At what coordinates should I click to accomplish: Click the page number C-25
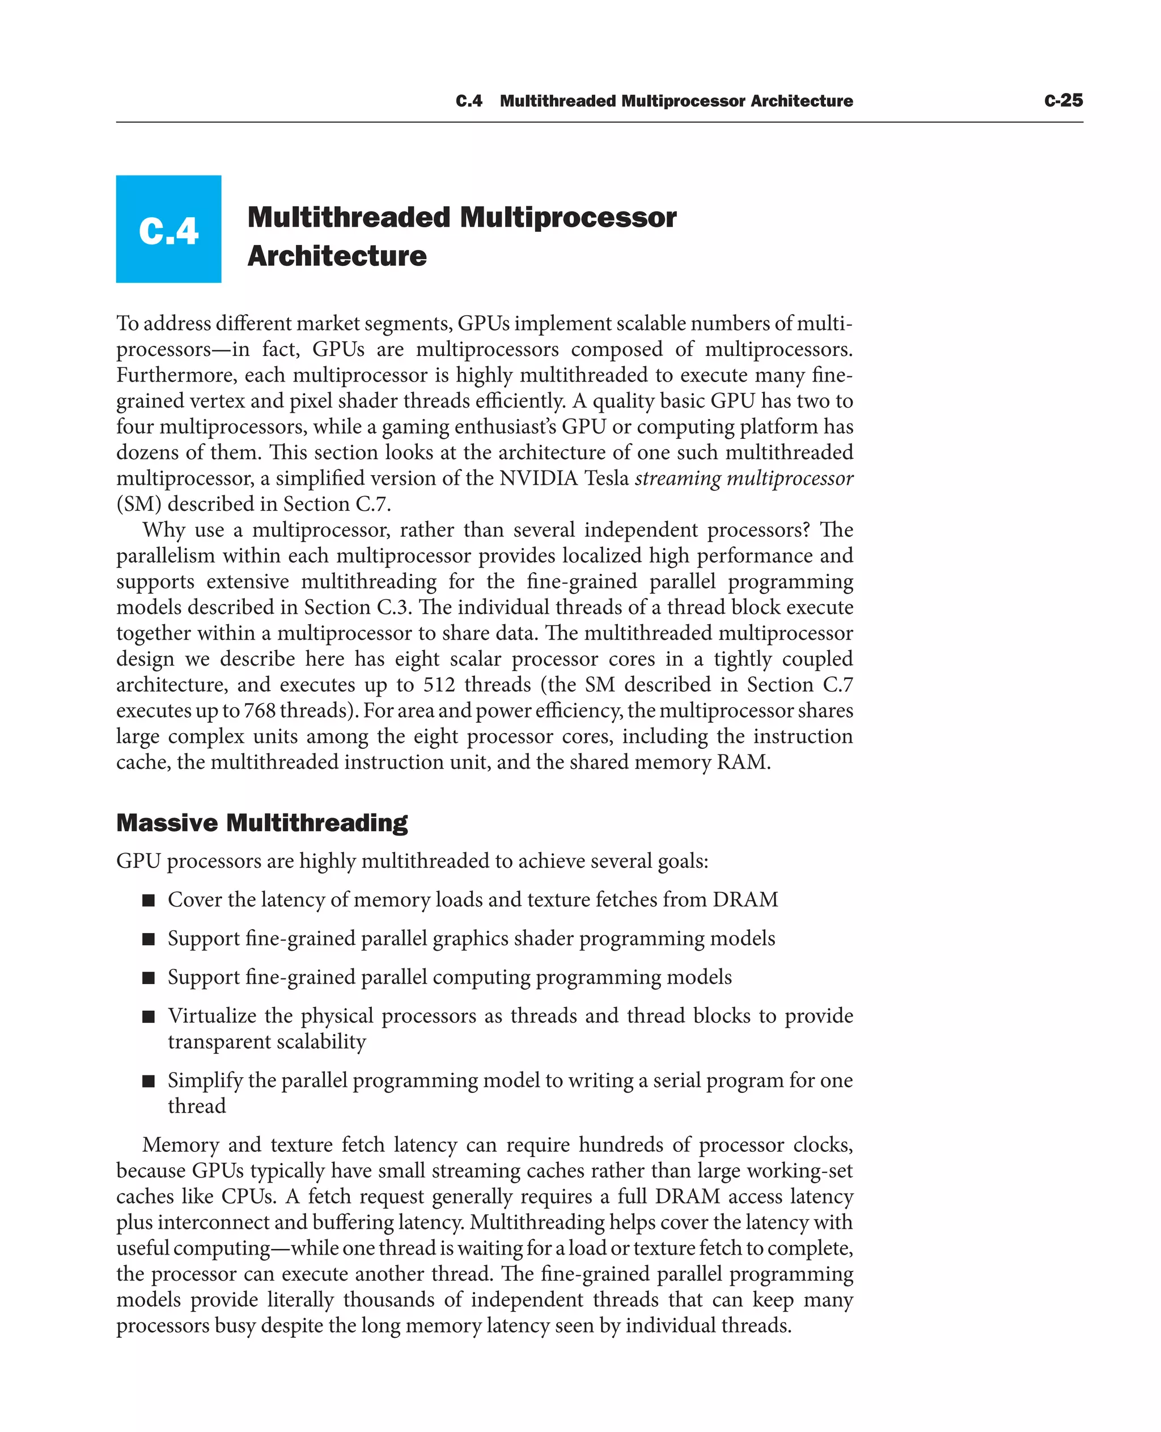click(x=1063, y=100)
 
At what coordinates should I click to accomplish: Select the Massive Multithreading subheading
click(x=261, y=823)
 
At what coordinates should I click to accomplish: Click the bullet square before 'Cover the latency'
click(x=149, y=900)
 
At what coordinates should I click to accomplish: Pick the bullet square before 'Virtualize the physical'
click(x=149, y=1016)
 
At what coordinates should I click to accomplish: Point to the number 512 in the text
click(x=439, y=685)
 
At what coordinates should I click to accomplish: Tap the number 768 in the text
click(x=260, y=710)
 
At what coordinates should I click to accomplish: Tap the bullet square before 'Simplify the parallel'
click(x=149, y=1081)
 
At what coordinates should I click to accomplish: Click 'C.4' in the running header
click(x=468, y=101)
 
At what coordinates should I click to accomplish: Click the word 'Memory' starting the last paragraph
click(x=180, y=1145)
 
